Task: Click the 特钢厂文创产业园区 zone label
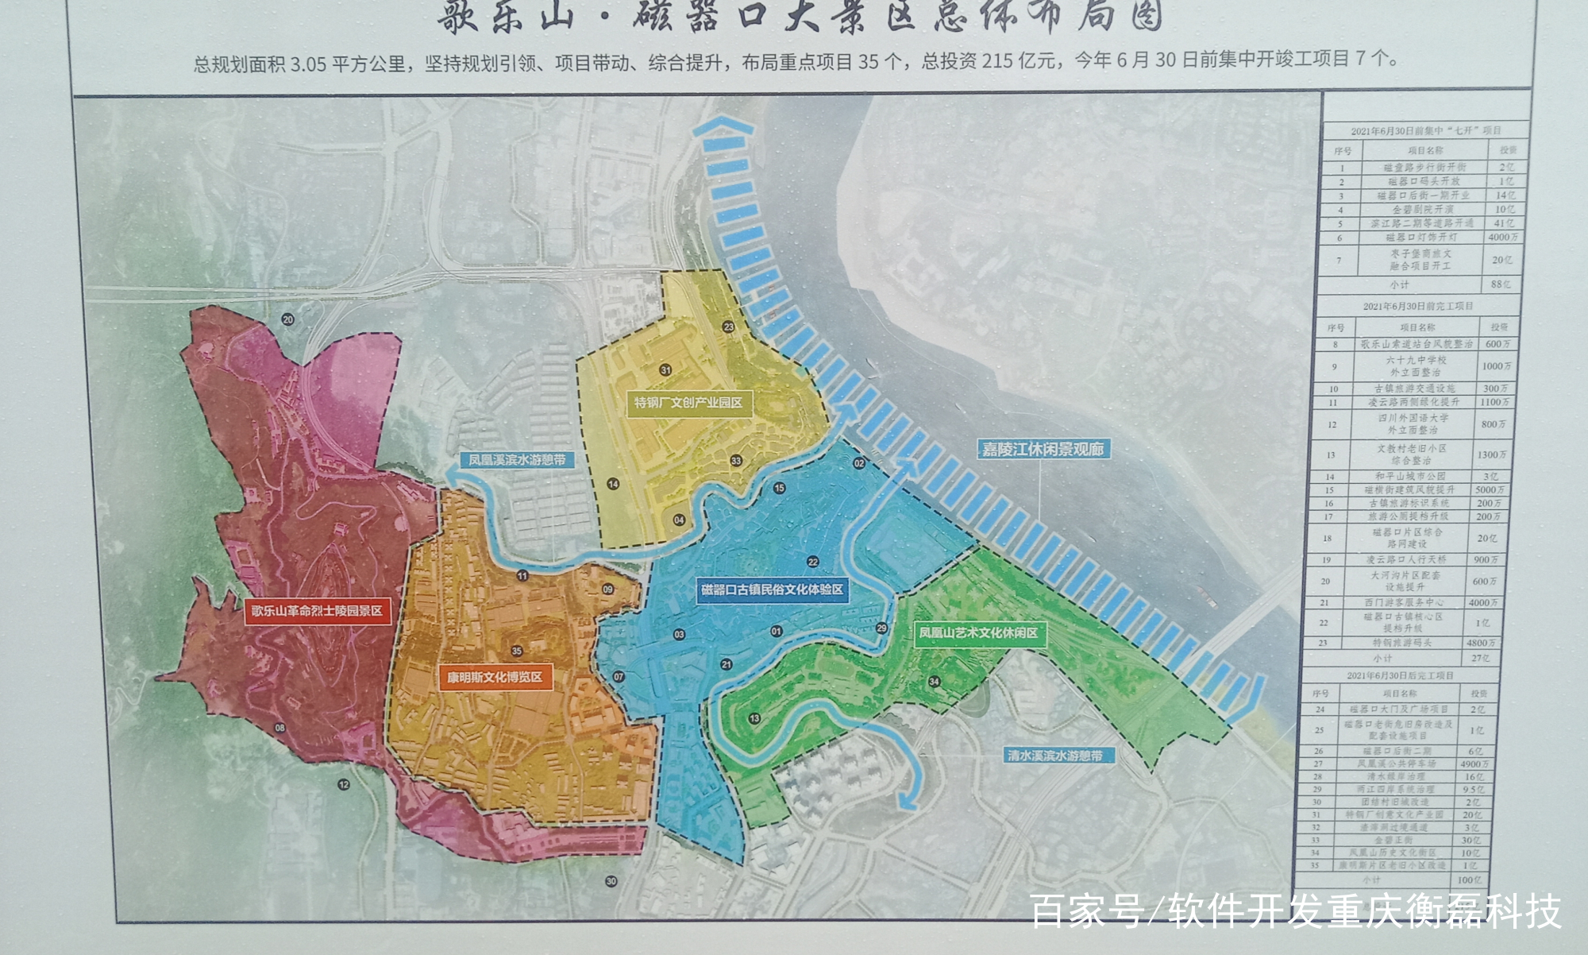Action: click(x=688, y=403)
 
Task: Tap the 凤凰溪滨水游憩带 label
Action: click(x=516, y=459)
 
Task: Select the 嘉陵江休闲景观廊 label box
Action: click(x=1043, y=449)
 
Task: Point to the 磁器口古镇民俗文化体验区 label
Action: click(x=772, y=590)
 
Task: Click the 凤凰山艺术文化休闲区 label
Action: click(x=978, y=633)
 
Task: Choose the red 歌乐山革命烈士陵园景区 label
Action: click(x=317, y=611)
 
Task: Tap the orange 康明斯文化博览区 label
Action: click(x=494, y=678)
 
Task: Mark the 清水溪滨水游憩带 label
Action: click(x=1054, y=756)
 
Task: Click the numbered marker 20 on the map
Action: click(x=287, y=319)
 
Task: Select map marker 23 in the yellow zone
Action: click(x=728, y=327)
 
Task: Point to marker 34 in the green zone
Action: click(x=934, y=682)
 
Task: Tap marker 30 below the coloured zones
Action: click(x=611, y=881)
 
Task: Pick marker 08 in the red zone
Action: click(x=279, y=728)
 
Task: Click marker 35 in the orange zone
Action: click(x=517, y=651)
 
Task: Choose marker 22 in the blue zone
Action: click(x=812, y=562)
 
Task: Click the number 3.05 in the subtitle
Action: click(x=308, y=64)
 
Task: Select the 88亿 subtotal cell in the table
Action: click(x=1500, y=284)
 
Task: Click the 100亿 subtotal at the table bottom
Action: click(x=1469, y=880)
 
